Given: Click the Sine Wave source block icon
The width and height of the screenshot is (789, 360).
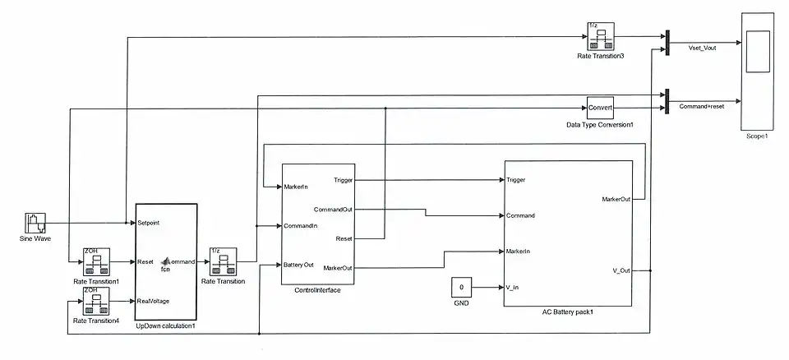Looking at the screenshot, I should pyautogui.click(x=35, y=223).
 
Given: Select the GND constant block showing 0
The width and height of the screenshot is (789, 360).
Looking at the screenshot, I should pyautogui.click(x=462, y=287).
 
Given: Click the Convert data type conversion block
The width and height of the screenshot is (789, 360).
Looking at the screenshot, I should pyautogui.click(x=600, y=108).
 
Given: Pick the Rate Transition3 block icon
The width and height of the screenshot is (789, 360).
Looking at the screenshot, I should pyautogui.click(x=601, y=37).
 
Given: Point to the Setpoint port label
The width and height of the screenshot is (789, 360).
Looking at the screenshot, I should pyautogui.click(x=149, y=223).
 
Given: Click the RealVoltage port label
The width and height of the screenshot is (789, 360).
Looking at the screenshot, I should pyautogui.click(x=153, y=301).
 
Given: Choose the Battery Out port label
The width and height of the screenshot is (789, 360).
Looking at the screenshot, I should pyautogui.click(x=299, y=264).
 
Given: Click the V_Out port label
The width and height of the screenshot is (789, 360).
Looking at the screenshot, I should pyautogui.click(x=621, y=270).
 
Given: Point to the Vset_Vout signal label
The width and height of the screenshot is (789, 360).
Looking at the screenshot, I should pyautogui.click(x=701, y=48).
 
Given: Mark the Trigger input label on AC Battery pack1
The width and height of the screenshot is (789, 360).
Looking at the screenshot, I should pyautogui.click(x=516, y=180).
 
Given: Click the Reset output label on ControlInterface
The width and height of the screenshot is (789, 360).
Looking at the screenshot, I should pyautogui.click(x=344, y=238).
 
